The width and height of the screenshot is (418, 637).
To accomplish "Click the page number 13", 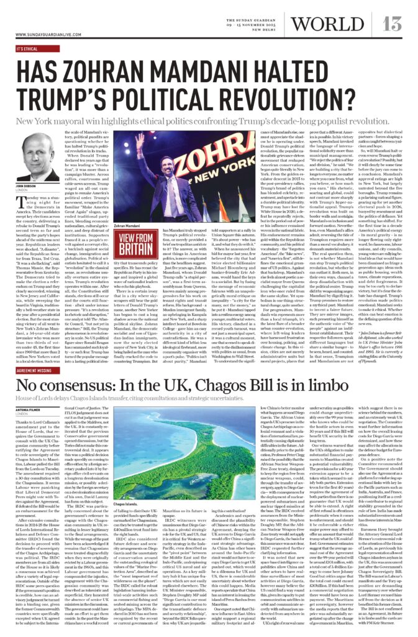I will click(x=392, y=24).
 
